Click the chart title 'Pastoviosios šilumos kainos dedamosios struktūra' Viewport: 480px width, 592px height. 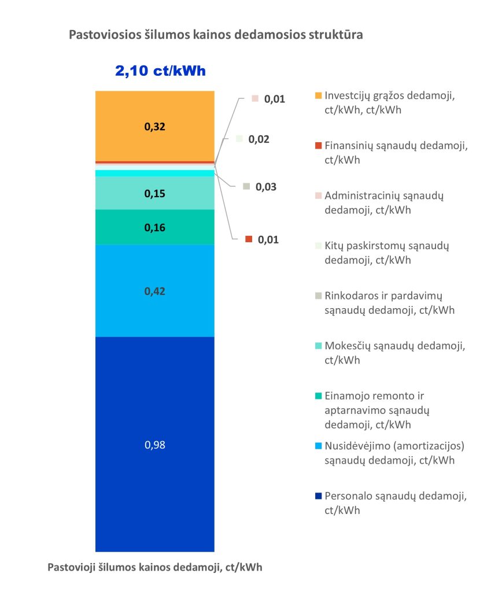[216, 35]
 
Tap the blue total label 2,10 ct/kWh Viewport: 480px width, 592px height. [161, 71]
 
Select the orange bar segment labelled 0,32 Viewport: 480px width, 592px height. [154, 126]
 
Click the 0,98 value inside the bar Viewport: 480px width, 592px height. [155, 445]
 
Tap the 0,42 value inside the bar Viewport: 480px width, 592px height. [155, 291]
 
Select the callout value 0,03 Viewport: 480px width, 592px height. [267, 187]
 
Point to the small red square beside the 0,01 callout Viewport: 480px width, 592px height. [249, 239]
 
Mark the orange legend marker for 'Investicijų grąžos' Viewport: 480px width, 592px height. [317, 96]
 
